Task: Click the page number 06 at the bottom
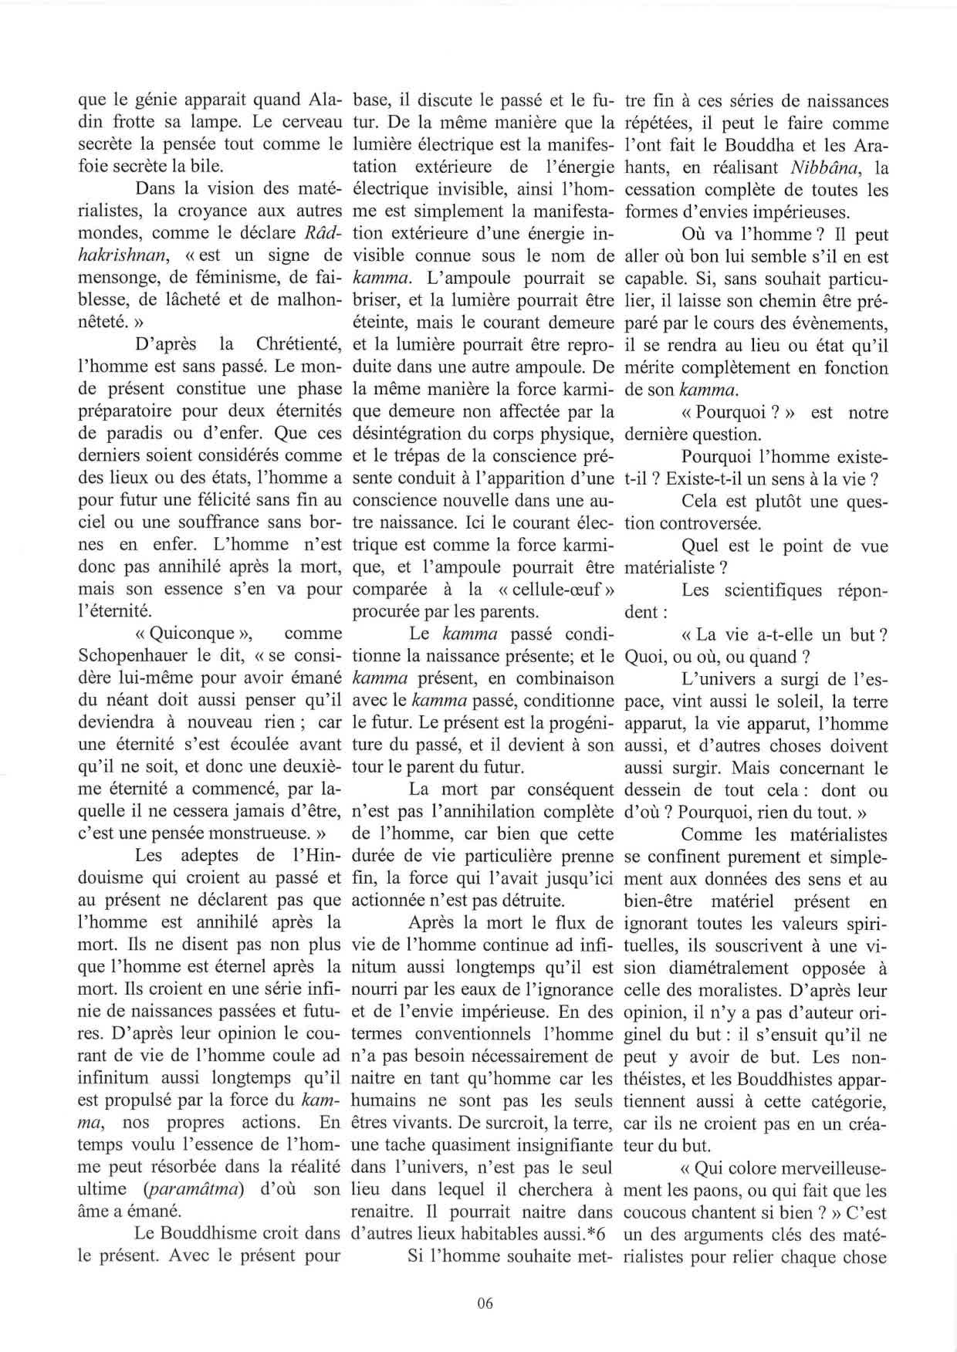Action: pos(485,1303)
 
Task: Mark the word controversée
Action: pos(694,523)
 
